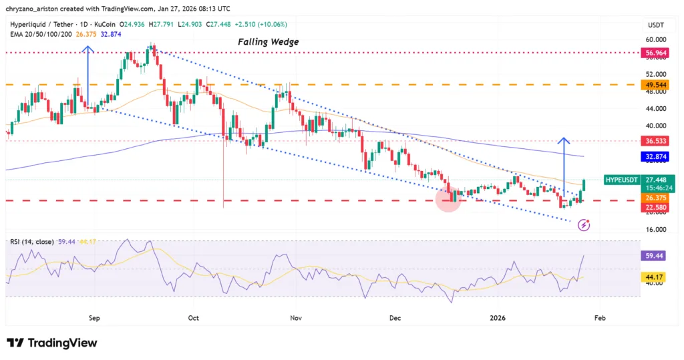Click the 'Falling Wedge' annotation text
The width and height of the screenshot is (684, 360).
click(x=269, y=41)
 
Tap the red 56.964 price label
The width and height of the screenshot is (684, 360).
click(x=653, y=51)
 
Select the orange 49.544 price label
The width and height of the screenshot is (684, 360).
click(x=653, y=85)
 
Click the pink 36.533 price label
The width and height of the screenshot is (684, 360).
click(x=653, y=141)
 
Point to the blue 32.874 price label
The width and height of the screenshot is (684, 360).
click(x=653, y=157)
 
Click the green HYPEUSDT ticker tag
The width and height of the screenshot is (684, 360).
click(x=621, y=180)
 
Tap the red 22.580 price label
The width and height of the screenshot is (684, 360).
click(x=653, y=207)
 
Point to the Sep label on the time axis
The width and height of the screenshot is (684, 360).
click(x=94, y=318)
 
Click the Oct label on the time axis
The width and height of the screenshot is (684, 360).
click(x=194, y=318)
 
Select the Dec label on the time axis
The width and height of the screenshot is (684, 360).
click(x=395, y=318)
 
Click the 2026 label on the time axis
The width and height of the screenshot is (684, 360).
click(x=498, y=318)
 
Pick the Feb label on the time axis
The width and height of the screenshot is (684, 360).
click(x=600, y=318)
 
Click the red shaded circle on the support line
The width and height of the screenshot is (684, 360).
click(x=448, y=200)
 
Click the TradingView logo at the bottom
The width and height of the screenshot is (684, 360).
click(x=52, y=343)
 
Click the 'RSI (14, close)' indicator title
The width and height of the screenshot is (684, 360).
click(x=31, y=240)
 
